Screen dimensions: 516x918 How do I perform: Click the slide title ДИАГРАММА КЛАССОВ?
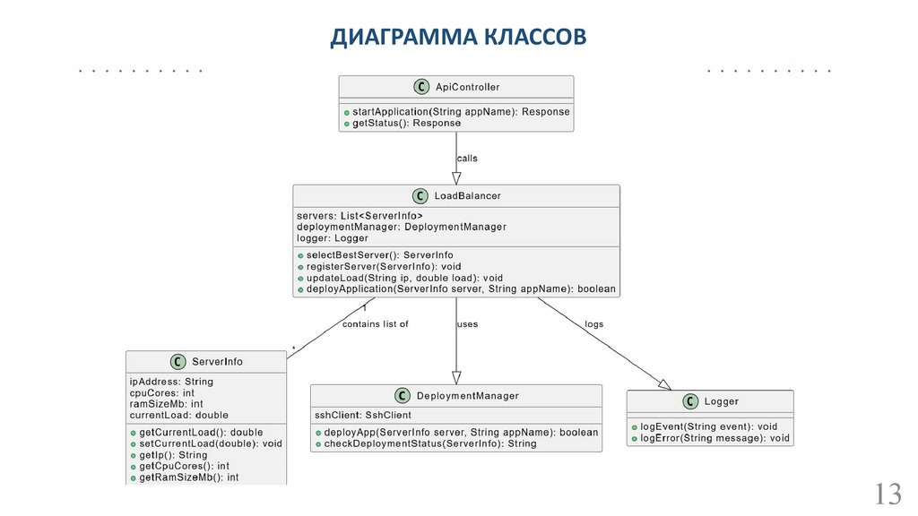pyautogui.click(x=458, y=37)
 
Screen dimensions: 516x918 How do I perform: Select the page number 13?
pyautogui.click(x=887, y=494)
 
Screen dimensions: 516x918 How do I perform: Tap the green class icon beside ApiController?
pyautogui.click(x=420, y=87)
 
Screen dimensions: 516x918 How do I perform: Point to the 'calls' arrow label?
pyautogui.click(x=467, y=159)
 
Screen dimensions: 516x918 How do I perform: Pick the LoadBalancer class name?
pyautogui.click(x=467, y=195)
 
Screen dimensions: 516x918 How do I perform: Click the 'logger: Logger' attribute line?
pyautogui.click(x=333, y=238)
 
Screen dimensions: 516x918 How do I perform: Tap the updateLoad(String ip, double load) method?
pyautogui.click(x=404, y=278)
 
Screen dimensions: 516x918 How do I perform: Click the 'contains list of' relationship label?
pyautogui.click(x=375, y=324)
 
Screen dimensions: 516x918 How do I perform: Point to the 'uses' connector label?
pyautogui.click(x=467, y=324)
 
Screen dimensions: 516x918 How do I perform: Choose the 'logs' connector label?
pyautogui.click(x=594, y=324)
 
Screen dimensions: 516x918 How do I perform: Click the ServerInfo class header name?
pyautogui.click(x=217, y=362)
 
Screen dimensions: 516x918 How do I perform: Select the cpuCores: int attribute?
pyautogui.click(x=162, y=392)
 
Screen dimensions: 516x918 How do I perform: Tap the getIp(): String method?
pyautogui.click(x=173, y=455)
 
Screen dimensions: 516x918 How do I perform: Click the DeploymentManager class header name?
pyautogui.click(x=468, y=396)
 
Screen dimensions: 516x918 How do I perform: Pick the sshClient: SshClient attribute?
pyautogui.click(x=363, y=416)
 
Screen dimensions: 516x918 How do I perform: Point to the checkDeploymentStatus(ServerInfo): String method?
pyautogui.click(x=429, y=443)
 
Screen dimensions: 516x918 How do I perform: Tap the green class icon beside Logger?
pyautogui.click(x=690, y=401)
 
